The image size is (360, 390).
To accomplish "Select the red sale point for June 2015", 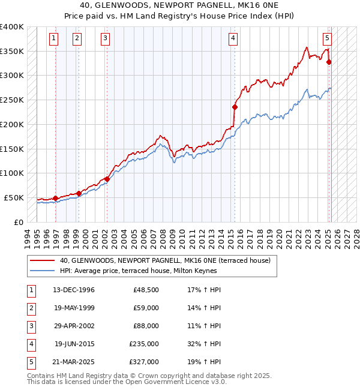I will (235, 107).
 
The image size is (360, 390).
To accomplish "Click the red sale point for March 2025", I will (329, 62).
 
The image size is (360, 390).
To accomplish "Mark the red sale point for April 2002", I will (107, 178).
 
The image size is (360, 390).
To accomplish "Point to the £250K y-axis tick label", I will (12, 100).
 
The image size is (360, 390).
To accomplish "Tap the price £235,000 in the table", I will (144, 344).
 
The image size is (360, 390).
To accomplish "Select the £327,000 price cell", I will (144, 362).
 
